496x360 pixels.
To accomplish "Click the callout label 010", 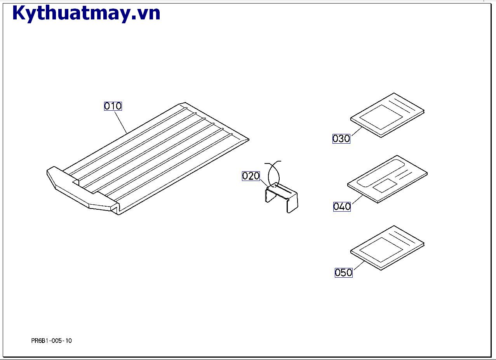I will click(x=113, y=106).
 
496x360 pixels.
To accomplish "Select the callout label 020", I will click(x=251, y=176).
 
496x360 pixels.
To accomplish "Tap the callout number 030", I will click(x=341, y=139).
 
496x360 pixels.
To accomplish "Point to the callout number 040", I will click(x=342, y=206).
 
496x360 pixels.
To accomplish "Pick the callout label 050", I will click(x=343, y=272).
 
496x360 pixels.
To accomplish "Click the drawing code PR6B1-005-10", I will click(x=51, y=341).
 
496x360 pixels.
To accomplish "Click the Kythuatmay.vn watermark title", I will click(x=86, y=13).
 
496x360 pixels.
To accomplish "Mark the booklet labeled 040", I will click(x=387, y=179).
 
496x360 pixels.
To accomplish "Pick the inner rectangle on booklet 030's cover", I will click(x=381, y=117).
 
